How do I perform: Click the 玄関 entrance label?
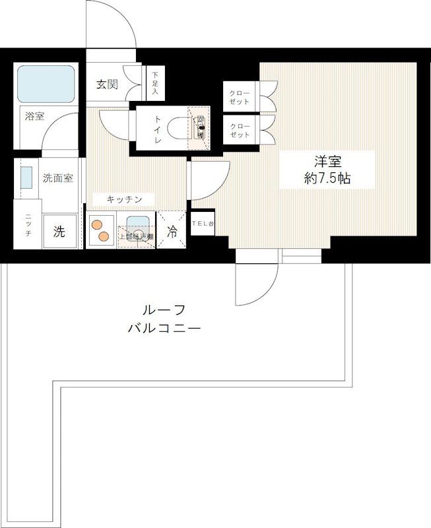108,84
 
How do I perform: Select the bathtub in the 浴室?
46,84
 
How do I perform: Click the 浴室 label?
34,117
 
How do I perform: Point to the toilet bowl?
179,127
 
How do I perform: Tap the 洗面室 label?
58,178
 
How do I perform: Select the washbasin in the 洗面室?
26,178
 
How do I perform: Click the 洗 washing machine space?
59,232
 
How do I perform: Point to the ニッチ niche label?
28,228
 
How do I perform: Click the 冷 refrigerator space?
172,232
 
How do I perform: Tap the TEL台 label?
203,224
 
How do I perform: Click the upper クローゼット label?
240,97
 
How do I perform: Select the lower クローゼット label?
240,130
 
